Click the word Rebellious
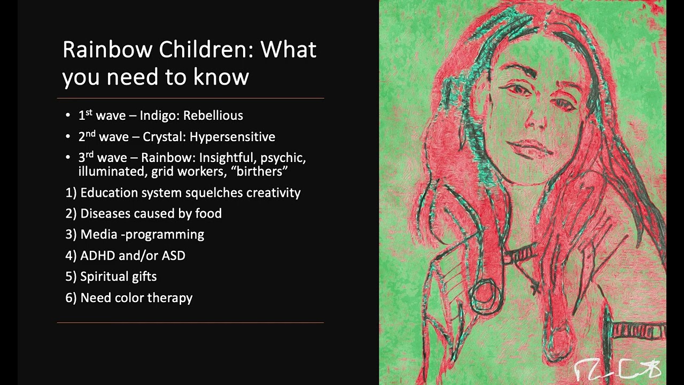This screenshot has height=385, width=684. click(213, 115)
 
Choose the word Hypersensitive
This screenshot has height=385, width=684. click(232, 137)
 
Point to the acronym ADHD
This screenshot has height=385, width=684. click(97, 256)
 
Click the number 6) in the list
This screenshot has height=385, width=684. click(71, 298)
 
